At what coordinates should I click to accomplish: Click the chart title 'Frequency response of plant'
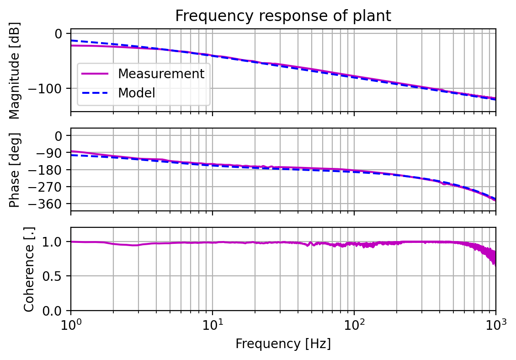(x=283, y=16)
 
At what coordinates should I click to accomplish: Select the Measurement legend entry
(x=161, y=73)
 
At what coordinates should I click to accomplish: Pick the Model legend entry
(x=137, y=93)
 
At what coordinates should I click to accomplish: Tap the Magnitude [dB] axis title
(x=16, y=70)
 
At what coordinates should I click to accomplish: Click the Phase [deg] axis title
(x=16, y=170)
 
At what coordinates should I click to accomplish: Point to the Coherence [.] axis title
(x=29, y=269)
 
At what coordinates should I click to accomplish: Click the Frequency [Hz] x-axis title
(x=283, y=344)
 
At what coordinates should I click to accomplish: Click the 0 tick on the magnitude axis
(x=59, y=34)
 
